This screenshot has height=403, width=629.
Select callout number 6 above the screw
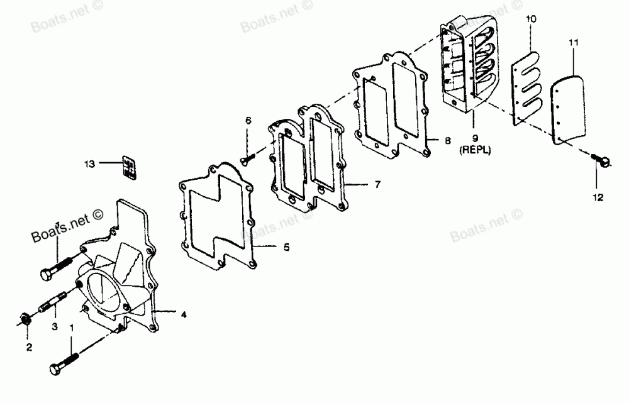pos(248,120)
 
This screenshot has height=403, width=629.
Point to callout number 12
pos(597,197)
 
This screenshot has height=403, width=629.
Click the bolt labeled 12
pos(600,162)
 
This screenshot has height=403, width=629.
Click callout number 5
pos(286,247)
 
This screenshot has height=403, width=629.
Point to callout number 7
pos(377,185)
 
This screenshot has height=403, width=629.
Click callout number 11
pos(573,43)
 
